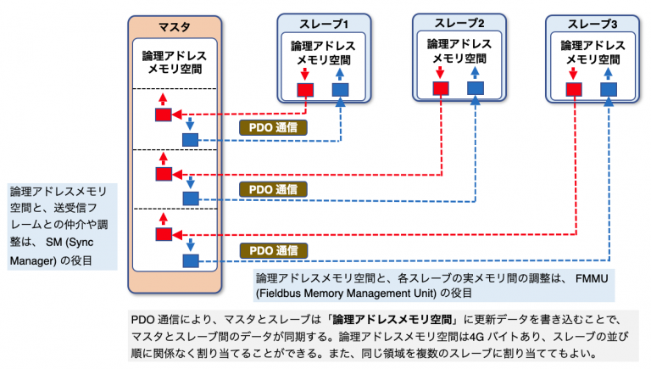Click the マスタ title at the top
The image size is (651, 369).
[x=175, y=26]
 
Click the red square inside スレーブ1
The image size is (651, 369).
[x=306, y=90]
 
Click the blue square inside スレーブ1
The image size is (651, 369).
[x=340, y=90]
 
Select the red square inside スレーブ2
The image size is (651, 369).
[x=440, y=87]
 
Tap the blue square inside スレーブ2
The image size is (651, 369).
[x=475, y=87]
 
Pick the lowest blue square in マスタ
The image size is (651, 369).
[x=190, y=260]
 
